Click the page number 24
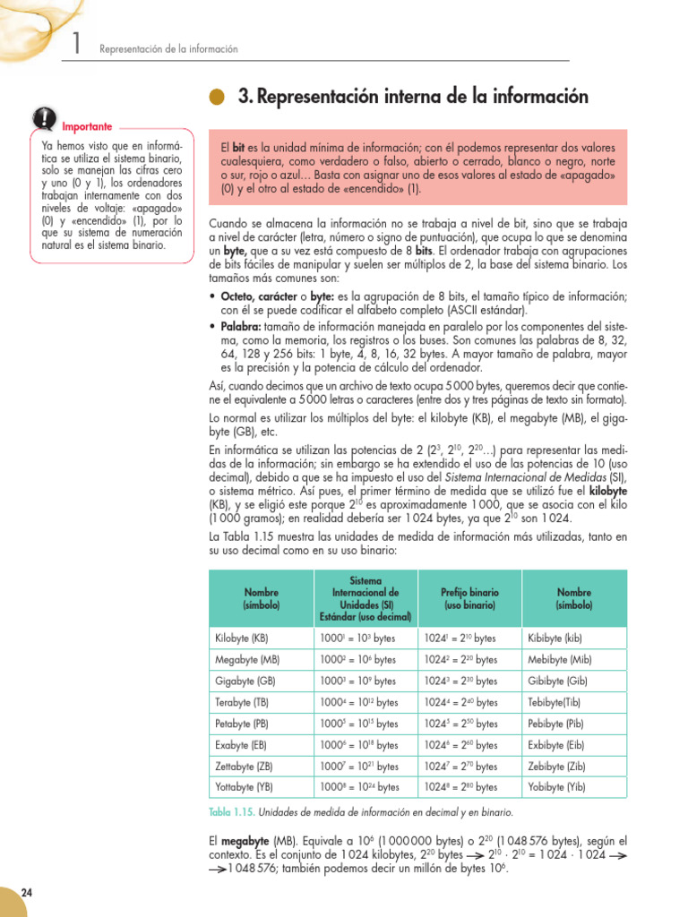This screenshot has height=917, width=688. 26,892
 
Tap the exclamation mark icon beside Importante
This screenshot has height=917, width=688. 43,118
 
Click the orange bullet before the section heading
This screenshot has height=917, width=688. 218,98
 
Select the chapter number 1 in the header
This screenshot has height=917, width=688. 79,46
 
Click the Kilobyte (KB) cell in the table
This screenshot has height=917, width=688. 242,638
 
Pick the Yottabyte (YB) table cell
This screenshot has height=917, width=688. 245,787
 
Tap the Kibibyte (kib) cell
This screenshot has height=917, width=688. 555,638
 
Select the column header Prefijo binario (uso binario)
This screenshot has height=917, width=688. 470,599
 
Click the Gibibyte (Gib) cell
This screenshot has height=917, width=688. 558,681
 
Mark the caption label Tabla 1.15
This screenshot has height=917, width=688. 232,812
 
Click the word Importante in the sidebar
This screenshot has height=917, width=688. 88,126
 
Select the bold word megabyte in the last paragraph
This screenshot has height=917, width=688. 248,841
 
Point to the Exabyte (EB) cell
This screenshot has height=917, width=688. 241,744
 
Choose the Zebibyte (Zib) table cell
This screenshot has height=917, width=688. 557,766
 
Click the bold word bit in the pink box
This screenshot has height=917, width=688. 238,146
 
